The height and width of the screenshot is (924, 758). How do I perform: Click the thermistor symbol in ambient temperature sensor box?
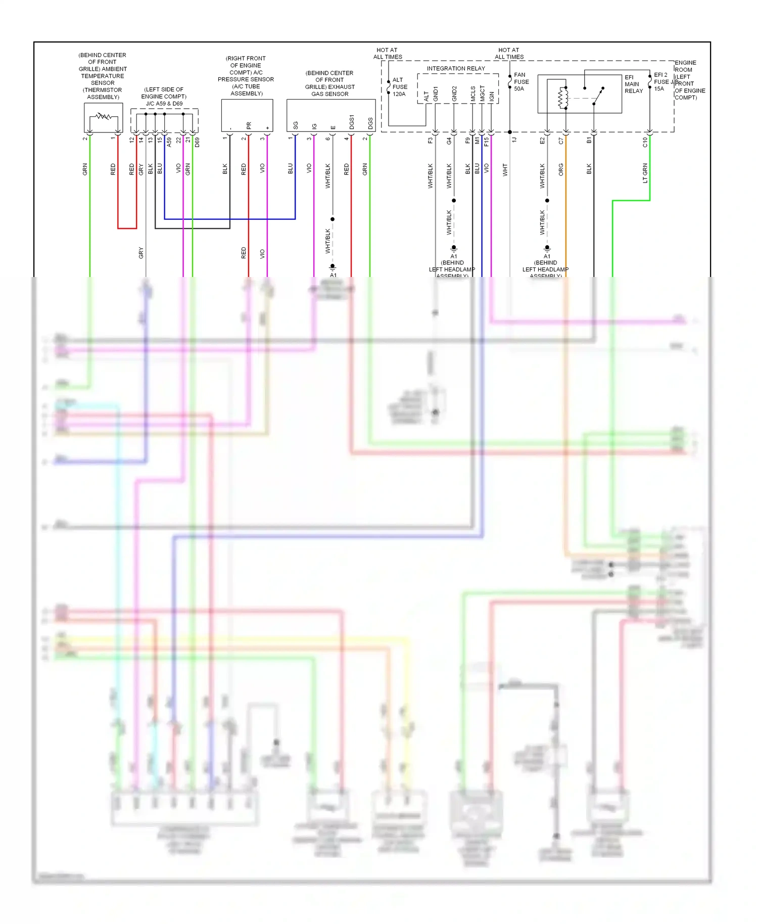coord(103,117)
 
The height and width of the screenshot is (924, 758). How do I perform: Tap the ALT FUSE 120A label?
coord(399,87)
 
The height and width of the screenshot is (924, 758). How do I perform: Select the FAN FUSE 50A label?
coord(521,82)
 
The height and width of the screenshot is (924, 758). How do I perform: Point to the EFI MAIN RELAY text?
coord(633,84)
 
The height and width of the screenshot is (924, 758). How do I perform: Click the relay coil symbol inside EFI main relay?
coord(563,98)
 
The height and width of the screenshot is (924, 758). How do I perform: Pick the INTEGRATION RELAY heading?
coord(455,69)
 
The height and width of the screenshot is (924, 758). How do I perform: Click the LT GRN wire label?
coord(645,173)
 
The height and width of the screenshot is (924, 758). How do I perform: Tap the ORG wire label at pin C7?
coord(561,169)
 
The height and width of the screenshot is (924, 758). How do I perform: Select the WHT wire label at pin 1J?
coord(505,170)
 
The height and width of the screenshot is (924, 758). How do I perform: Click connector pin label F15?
coord(486,142)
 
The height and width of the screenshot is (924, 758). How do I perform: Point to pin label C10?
coord(645,142)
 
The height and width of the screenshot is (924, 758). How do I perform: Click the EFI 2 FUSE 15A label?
coord(661,82)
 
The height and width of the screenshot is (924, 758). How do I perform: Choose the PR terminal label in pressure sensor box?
coord(249,125)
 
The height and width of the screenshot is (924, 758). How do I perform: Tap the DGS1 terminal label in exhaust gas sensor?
coord(352,122)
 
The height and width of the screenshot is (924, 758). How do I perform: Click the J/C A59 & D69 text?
coord(164,104)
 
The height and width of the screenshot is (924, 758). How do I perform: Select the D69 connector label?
coord(197,142)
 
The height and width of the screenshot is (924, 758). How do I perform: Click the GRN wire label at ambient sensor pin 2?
coord(85,169)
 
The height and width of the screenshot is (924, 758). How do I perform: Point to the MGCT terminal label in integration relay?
coord(482,94)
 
